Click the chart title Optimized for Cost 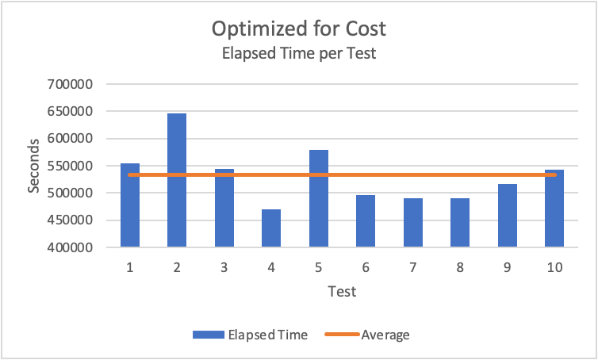click(x=298, y=29)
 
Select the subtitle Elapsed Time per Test click(x=298, y=56)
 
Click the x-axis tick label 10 click(x=554, y=268)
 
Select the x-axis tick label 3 click(x=224, y=268)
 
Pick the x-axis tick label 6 click(x=366, y=268)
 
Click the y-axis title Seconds click(x=34, y=166)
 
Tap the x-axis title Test click(x=342, y=292)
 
